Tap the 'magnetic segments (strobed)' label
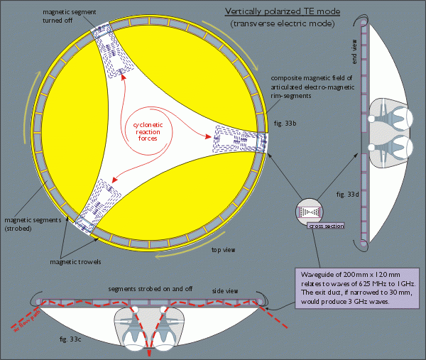click(26, 224)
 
